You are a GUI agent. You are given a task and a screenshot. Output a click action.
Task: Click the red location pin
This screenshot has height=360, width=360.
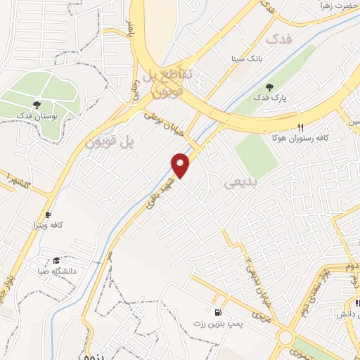point(181,165)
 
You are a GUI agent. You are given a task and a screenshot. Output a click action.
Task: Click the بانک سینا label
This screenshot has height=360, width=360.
point(250,59)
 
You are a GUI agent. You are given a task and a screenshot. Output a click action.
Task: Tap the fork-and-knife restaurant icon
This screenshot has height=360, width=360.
point(300,127)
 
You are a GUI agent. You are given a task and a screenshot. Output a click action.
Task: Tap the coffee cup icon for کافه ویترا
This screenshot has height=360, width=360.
point(48,214)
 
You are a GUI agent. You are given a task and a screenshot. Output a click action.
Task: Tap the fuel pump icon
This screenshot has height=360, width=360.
point(217,311)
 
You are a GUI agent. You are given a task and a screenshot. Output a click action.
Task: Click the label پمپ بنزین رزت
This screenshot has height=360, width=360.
point(217,323)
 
